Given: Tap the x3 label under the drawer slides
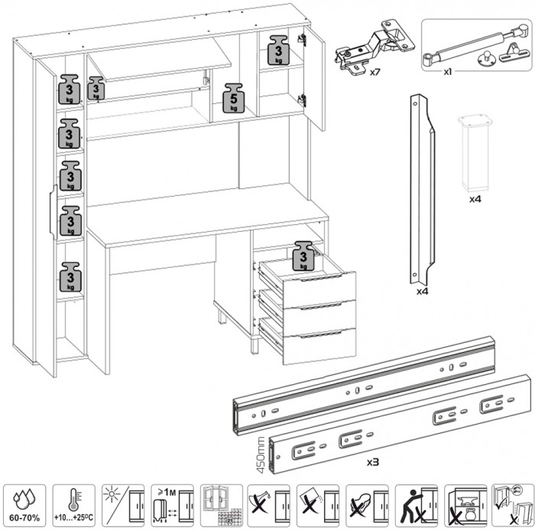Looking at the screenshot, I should pyautogui.click(x=374, y=462).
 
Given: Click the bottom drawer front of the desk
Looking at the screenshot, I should pyautogui.click(x=319, y=346).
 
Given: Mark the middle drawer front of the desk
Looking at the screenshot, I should pyautogui.click(x=319, y=314).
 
